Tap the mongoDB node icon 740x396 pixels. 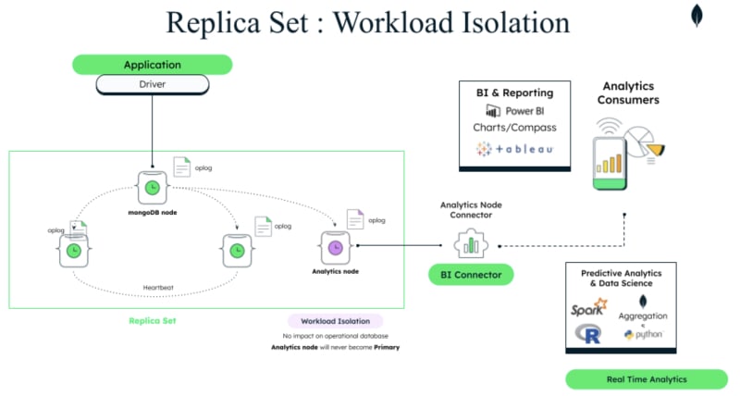[151, 187]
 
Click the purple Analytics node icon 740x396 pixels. [335, 247]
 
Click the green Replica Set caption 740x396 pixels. [152, 320]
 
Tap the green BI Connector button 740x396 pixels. [471, 275]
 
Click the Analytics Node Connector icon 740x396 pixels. [471, 245]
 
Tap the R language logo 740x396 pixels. [587, 334]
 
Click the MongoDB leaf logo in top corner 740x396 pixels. [697, 16]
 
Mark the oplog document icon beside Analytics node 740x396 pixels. [355, 220]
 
